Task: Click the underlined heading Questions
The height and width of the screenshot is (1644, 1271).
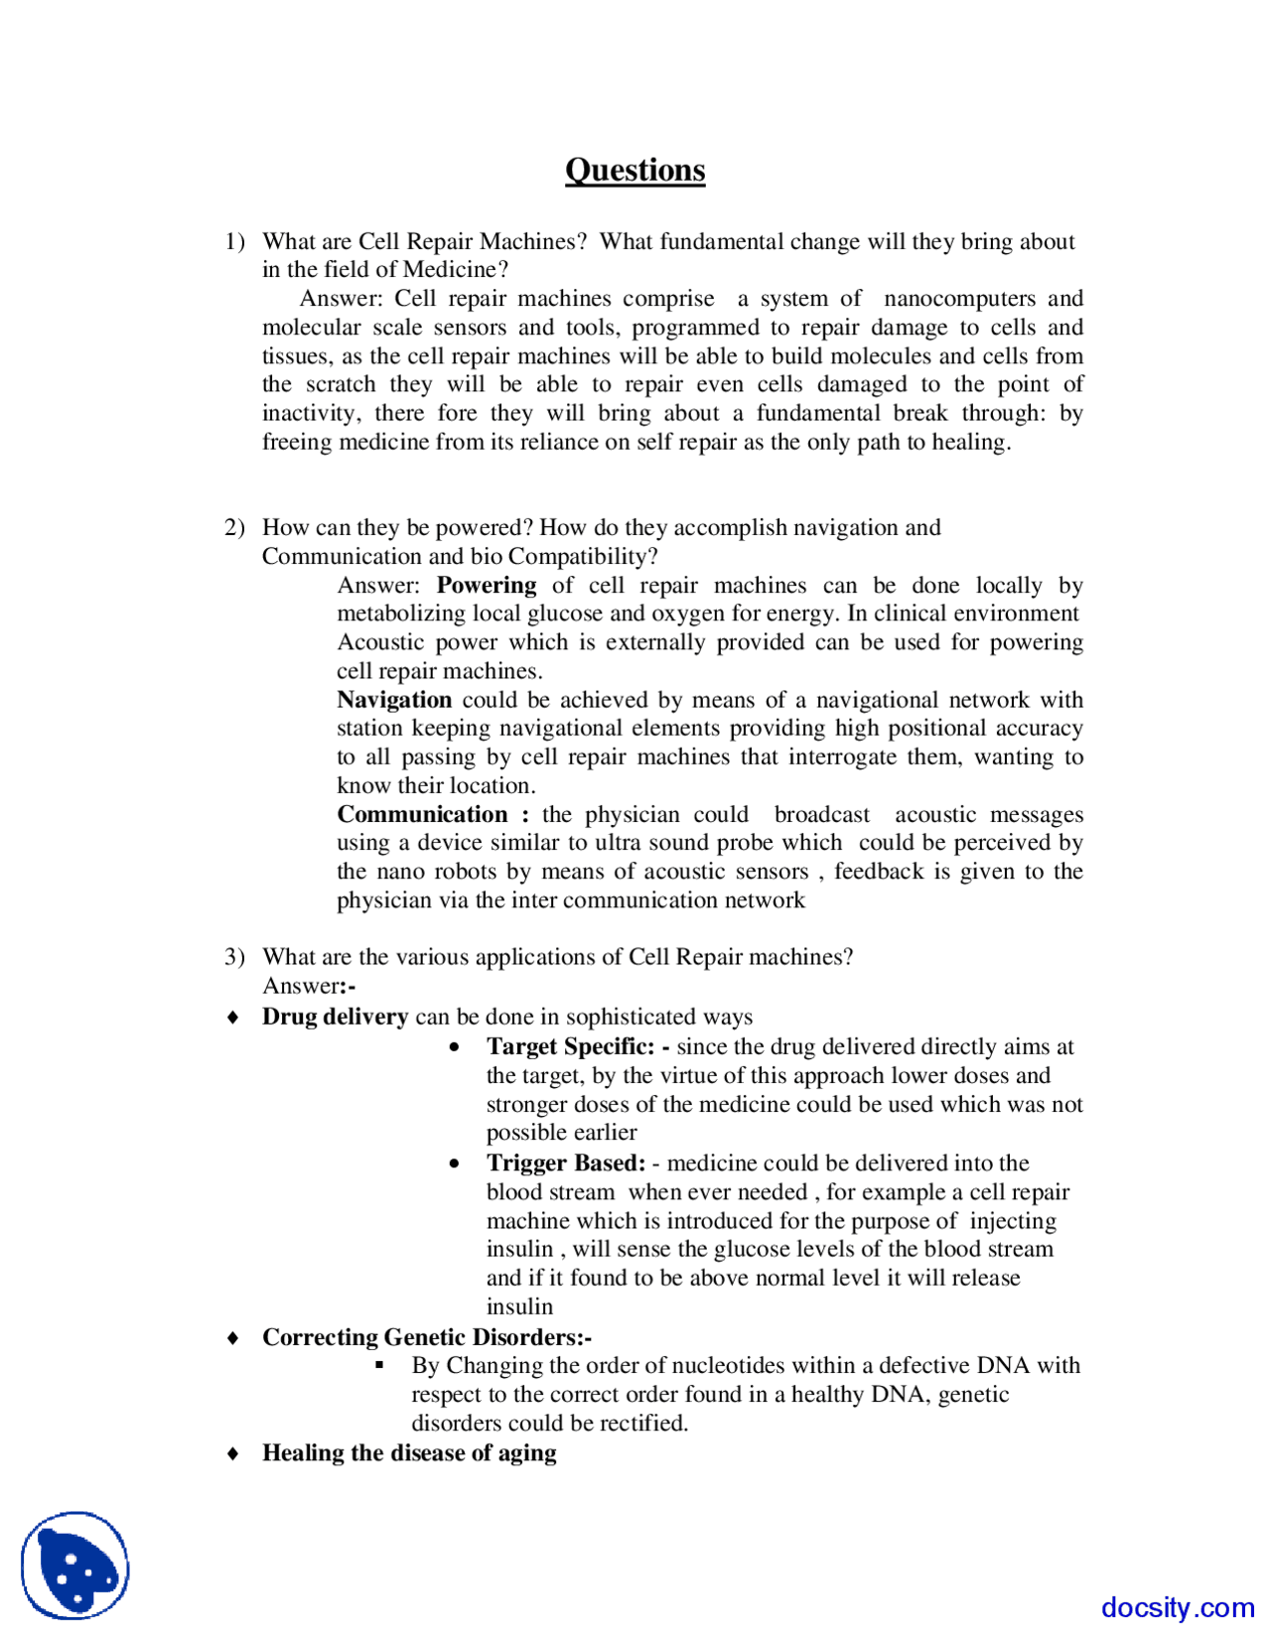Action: click(x=635, y=170)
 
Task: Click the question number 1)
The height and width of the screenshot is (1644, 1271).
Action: click(x=234, y=241)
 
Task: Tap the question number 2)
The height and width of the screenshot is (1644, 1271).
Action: click(x=234, y=527)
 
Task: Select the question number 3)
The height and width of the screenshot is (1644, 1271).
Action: click(x=234, y=956)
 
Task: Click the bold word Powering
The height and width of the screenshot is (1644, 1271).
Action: click(x=486, y=585)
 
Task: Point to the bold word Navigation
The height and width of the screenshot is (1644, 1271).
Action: click(x=394, y=699)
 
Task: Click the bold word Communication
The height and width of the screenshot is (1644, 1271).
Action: click(x=422, y=814)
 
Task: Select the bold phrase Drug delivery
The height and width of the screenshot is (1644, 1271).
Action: click(x=335, y=1017)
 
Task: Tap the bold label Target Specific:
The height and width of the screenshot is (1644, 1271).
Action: click(x=570, y=1046)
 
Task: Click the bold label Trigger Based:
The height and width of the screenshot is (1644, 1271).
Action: click(x=566, y=1163)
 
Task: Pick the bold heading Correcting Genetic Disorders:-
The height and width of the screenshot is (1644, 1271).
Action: click(x=427, y=1337)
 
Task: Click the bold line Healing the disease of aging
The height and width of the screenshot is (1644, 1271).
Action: click(x=409, y=1452)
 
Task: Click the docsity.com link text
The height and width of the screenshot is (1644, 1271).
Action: click(x=1177, y=1607)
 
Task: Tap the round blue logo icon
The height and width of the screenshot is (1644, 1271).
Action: click(x=75, y=1566)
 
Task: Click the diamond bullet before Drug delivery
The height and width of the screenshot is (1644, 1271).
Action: click(x=233, y=1018)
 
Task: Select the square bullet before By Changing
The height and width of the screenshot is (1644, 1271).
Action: click(x=379, y=1365)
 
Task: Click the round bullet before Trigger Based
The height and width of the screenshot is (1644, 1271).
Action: click(x=455, y=1164)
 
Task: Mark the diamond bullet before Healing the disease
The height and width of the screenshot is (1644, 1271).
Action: click(x=233, y=1453)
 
